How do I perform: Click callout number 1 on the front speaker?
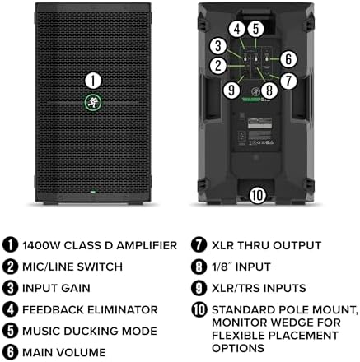(x=93, y=80)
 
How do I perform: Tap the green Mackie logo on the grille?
(x=93, y=103)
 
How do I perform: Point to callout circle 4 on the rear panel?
(x=237, y=28)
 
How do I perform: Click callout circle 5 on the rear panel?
(x=257, y=28)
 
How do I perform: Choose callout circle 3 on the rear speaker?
(x=217, y=47)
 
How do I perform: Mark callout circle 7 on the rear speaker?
(x=288, y=81)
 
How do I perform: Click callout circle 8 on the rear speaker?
(x=269, y=92)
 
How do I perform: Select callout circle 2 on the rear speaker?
(x=217, y=65)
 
